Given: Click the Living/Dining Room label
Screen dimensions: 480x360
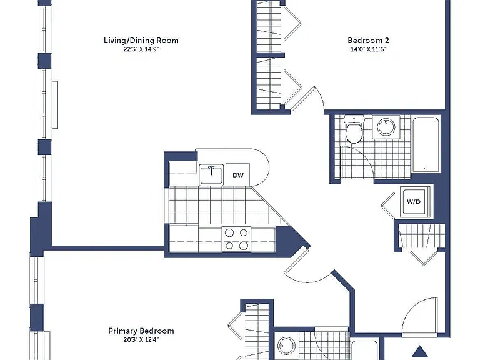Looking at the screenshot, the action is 141,41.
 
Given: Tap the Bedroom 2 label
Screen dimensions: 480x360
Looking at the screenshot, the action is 368,41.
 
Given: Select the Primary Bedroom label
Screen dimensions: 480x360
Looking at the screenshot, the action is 141,331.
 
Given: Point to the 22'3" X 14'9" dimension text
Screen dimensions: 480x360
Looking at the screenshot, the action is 141,49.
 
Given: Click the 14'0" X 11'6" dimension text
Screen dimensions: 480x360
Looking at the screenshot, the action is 368,49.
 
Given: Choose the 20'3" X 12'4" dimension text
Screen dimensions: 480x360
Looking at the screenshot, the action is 141,340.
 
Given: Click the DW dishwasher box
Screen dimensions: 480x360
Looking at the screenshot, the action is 238,175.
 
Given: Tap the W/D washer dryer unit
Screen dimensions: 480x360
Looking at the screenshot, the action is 414,202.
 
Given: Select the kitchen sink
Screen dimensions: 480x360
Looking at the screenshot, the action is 211,175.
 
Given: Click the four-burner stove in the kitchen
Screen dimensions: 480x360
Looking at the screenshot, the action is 236,239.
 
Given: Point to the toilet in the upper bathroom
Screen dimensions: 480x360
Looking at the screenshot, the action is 354,129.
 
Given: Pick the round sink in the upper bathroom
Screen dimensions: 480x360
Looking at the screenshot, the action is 386,127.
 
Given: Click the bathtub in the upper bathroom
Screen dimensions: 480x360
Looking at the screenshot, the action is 426,144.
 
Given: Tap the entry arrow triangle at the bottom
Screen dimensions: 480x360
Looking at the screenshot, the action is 420,351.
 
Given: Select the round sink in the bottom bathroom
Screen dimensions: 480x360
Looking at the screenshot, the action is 286,346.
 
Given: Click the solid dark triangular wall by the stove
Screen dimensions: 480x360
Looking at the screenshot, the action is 289,240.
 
